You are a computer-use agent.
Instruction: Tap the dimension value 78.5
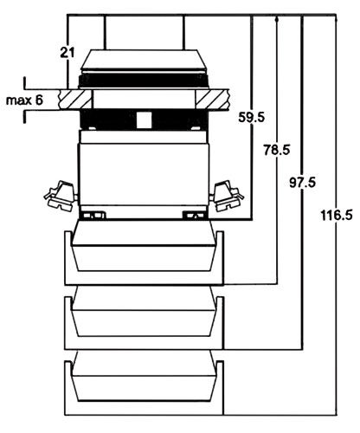point(277,150)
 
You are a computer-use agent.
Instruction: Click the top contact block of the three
point(144,250)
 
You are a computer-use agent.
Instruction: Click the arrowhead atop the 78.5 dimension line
point(276,20)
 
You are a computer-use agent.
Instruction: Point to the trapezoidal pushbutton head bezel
point(144,63)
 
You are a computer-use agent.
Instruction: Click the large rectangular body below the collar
point(144,173)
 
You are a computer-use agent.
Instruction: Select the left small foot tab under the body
point(93,212)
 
